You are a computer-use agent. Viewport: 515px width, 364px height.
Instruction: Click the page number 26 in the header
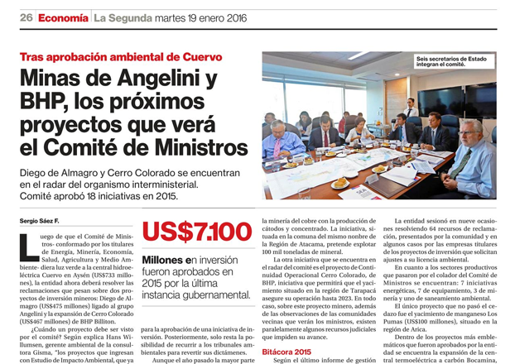click(26, 17)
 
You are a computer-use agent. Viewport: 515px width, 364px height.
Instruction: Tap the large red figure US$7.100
click(197, 232)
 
